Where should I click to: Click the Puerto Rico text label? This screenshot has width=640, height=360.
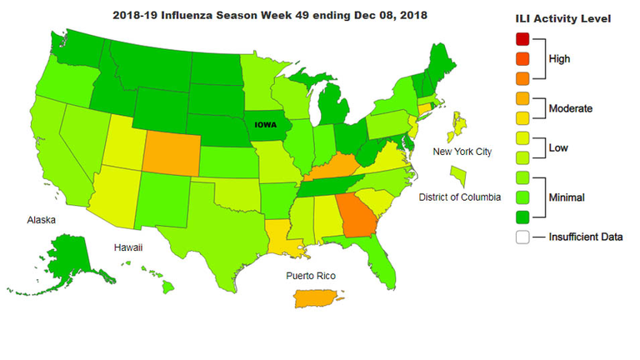point(311,276)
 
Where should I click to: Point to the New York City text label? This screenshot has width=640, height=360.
point(462,151)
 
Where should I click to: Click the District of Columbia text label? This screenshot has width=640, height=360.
point(460,197)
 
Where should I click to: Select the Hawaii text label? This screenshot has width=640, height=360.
point(129,247)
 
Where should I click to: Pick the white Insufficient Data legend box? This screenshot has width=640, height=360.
point(522,237)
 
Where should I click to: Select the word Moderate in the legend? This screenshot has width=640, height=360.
point(569,108)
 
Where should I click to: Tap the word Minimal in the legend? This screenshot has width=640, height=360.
point(567,197)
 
